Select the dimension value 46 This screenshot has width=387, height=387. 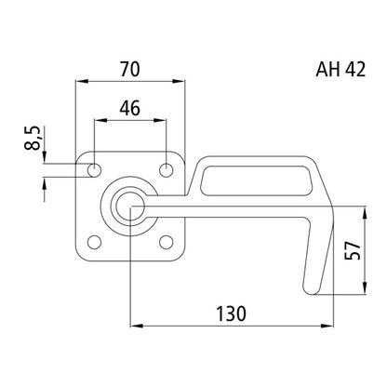(x=129, y=107)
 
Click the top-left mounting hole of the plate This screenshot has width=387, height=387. (x=94, y=170)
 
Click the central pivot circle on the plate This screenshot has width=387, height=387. (x=129, y=206)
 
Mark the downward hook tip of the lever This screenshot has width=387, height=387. (x=310, y=284)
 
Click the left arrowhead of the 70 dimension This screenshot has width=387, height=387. (x=78, y=82)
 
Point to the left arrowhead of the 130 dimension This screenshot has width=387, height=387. (x=134, y=327)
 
